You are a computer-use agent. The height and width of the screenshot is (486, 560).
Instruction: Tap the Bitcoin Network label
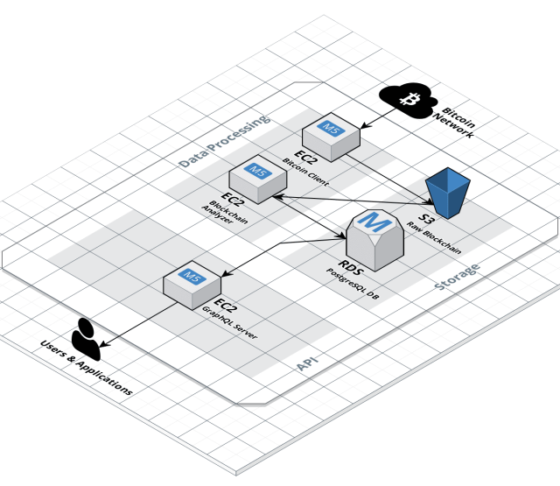[455, 123]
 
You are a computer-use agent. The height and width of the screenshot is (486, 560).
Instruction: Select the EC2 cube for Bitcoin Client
[331, 137]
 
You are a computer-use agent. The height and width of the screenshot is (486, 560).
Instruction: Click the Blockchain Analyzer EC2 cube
[258, 180]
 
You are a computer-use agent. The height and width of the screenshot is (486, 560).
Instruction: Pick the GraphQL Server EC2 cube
[192, 285]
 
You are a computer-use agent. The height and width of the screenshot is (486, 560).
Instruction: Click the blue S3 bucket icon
[448, 193]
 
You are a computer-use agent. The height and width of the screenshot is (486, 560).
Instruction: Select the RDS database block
[375, 240]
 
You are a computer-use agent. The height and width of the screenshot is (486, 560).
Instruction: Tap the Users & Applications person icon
[86, 339]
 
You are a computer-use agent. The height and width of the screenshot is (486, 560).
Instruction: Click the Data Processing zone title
[224, 141]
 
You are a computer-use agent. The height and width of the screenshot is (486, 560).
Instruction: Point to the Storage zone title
[457, 276]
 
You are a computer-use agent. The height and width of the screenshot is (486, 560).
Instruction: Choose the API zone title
[307, 363]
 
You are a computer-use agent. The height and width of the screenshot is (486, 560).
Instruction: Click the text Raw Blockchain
[434, 237]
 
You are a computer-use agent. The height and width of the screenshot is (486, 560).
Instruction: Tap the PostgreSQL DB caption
[353, 284]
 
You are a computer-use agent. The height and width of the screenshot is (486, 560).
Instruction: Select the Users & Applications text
[87, 368]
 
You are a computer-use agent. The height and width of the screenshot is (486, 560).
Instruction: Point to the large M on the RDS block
[374, 222]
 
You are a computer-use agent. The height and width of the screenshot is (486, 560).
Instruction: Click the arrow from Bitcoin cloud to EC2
[379, 118]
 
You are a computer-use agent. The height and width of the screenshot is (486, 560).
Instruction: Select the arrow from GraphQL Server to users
[138, 324]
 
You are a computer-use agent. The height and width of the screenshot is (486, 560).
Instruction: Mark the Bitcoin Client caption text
[305, 172]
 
